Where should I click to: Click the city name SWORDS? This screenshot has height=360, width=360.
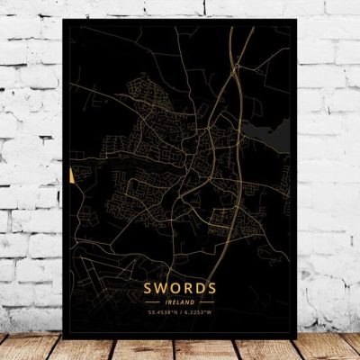[179, 288]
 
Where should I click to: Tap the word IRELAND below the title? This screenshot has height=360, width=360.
[179, 303]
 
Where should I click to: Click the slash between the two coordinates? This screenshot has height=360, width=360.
[180, 313]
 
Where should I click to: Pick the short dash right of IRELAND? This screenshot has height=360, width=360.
[206, 303]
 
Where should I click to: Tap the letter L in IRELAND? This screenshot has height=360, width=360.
[177, 303]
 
